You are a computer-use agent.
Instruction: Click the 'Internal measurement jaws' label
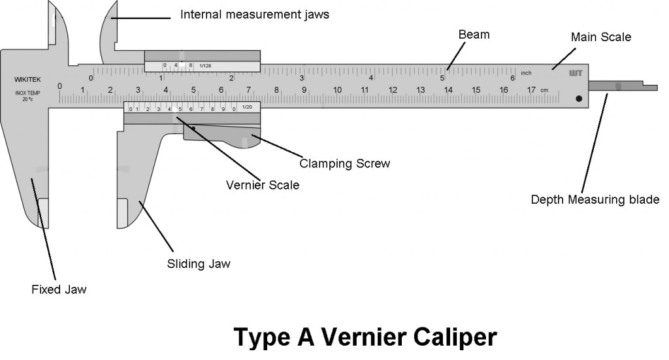pyautogui.click(x=254, y=14)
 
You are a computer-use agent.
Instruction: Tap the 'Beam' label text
pyautogui.click(x=474, y=34)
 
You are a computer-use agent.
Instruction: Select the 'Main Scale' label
pyautogui.click(x=600, y=37)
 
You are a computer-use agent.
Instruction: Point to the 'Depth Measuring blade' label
pyautogui.click(x=595, y=199)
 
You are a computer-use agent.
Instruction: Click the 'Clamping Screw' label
pyautogui.click(x=344, y=163)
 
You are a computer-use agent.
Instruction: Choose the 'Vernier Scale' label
pyautogui.click(x=263, y=185)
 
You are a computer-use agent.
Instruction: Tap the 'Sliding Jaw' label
pyautogui.click(x=199, y=264)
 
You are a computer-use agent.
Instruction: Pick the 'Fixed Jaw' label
pyautogui.click(x=59, y=289)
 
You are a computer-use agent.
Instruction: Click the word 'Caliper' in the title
pyautogui.click(x=444, y=337)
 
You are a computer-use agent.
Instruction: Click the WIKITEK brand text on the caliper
pyautogui.click(x=27, y=80)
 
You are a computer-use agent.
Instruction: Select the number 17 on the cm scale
pyautogui.click(x=531, y=90)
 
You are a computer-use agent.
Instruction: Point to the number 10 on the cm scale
pyautogui.click(x=337, y=90)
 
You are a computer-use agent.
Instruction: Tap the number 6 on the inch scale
pyautogui.click(x=512, y=78)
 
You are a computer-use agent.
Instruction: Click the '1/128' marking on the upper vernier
pyautogui.click(x=206, y=65)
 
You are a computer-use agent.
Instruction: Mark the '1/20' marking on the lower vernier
pyautogui.click(x=247, y=107)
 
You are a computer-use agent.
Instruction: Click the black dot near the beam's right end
pyautogui.click(x=578, y=99)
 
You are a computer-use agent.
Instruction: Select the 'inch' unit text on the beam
pyautogui.click(x=527, y=72)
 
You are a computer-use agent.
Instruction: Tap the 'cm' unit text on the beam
pyautogui.click(x=544, y=90)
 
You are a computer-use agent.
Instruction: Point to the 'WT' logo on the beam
pyautogui.click(x=576, y=73)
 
